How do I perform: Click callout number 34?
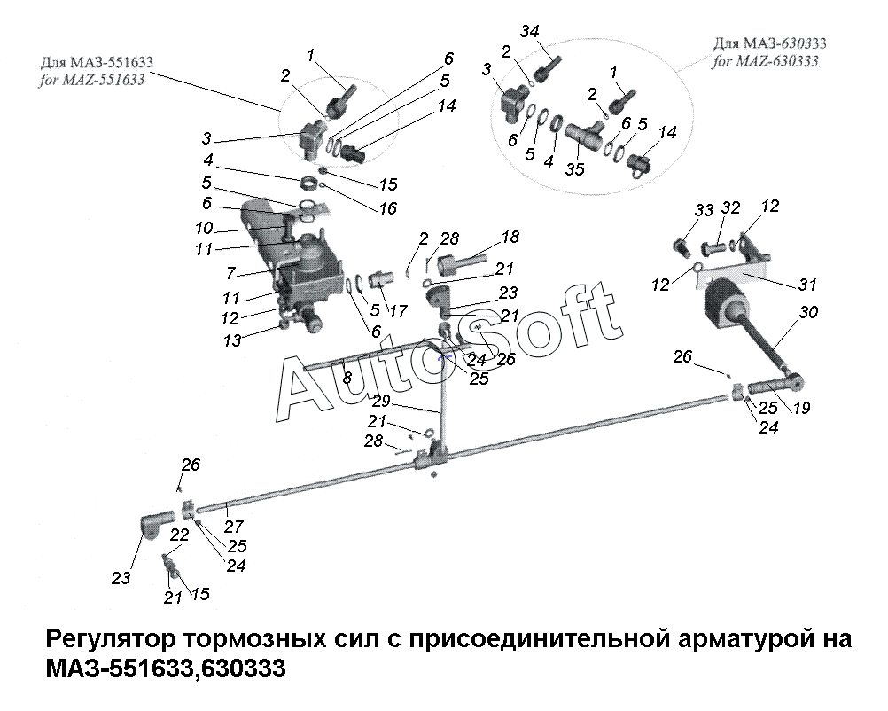530,33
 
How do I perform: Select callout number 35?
575,168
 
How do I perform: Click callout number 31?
806,285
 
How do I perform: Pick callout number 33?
704,210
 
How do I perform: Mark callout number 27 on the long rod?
233,525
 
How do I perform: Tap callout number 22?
180,535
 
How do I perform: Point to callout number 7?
230,274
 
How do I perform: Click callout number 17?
397,311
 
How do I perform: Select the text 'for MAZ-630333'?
765,61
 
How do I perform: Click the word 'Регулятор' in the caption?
106,639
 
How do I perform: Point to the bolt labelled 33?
683,242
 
